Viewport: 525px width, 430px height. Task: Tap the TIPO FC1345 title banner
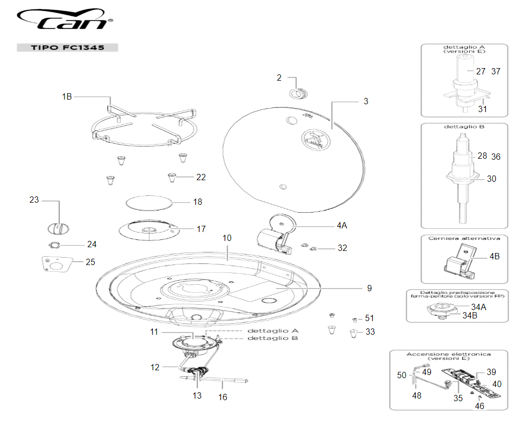(68, 48)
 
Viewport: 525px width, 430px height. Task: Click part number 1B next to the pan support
(67, 96)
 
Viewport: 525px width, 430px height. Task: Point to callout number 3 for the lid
(366, 101)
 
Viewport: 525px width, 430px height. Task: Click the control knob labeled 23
(58, 228)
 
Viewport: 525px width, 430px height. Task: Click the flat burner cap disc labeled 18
(150, 202)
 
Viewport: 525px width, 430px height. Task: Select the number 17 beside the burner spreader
(201, 229)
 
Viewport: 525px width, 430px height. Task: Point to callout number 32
(342, 248)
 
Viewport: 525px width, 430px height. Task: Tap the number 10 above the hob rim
(227, 238)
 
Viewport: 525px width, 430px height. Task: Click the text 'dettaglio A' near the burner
(273, 331)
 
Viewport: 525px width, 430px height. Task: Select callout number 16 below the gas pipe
(223, 397)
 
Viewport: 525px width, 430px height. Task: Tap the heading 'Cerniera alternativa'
(464, 238)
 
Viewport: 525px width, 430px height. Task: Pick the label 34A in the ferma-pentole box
(478, 306)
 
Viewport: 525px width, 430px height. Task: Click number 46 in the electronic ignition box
(479, 406)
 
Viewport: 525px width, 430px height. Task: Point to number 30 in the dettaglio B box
(492, 179)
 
